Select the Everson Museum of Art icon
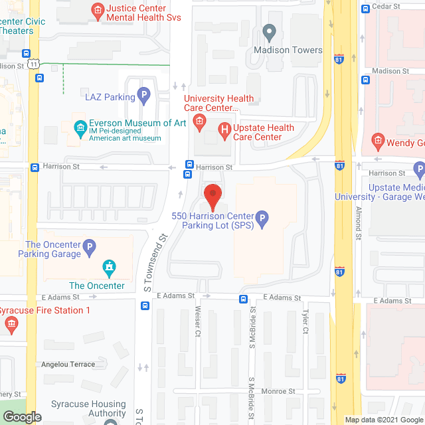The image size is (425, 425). coord(80,126)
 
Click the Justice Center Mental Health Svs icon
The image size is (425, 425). coord(97,9)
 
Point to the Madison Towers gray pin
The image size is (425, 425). coord(269,31)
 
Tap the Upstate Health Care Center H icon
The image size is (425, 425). coord(226,129)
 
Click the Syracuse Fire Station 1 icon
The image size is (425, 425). coord(11,324)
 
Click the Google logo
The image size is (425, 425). coord(21,416)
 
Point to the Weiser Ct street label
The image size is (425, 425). coord(197,321)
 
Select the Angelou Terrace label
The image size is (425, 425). coord(68,365)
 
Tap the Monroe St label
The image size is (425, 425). coord(278,392)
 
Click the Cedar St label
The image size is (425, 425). coord(386,6)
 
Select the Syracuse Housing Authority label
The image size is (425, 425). coord(89,409)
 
